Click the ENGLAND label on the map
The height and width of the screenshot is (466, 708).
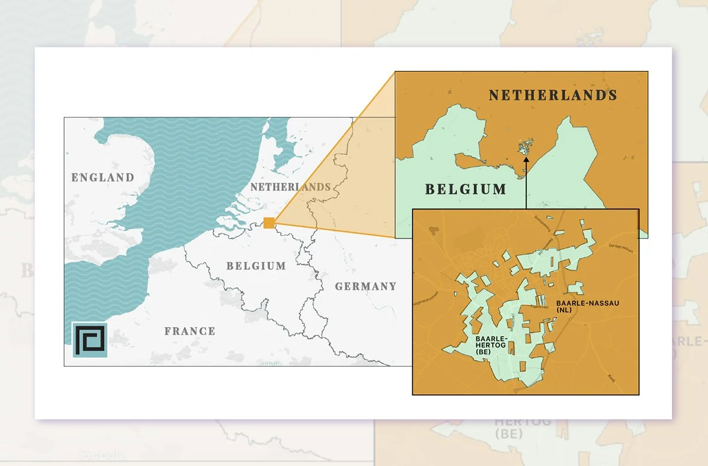tap(103, 177)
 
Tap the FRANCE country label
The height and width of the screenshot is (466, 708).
tap(189, 331)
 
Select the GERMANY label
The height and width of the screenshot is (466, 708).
tap(366, 286)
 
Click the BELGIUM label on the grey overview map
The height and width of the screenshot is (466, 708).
tap(256, 266)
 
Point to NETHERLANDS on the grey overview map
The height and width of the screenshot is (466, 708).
tap(290, 187)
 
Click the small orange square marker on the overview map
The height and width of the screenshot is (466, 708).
tap(269, 223)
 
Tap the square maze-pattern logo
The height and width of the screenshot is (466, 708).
tap(90, 340)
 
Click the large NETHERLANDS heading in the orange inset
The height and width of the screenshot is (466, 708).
tap(553, 95)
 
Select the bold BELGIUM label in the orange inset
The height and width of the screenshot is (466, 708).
tap(466, 190)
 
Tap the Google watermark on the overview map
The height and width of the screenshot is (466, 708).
tap(269, 362)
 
